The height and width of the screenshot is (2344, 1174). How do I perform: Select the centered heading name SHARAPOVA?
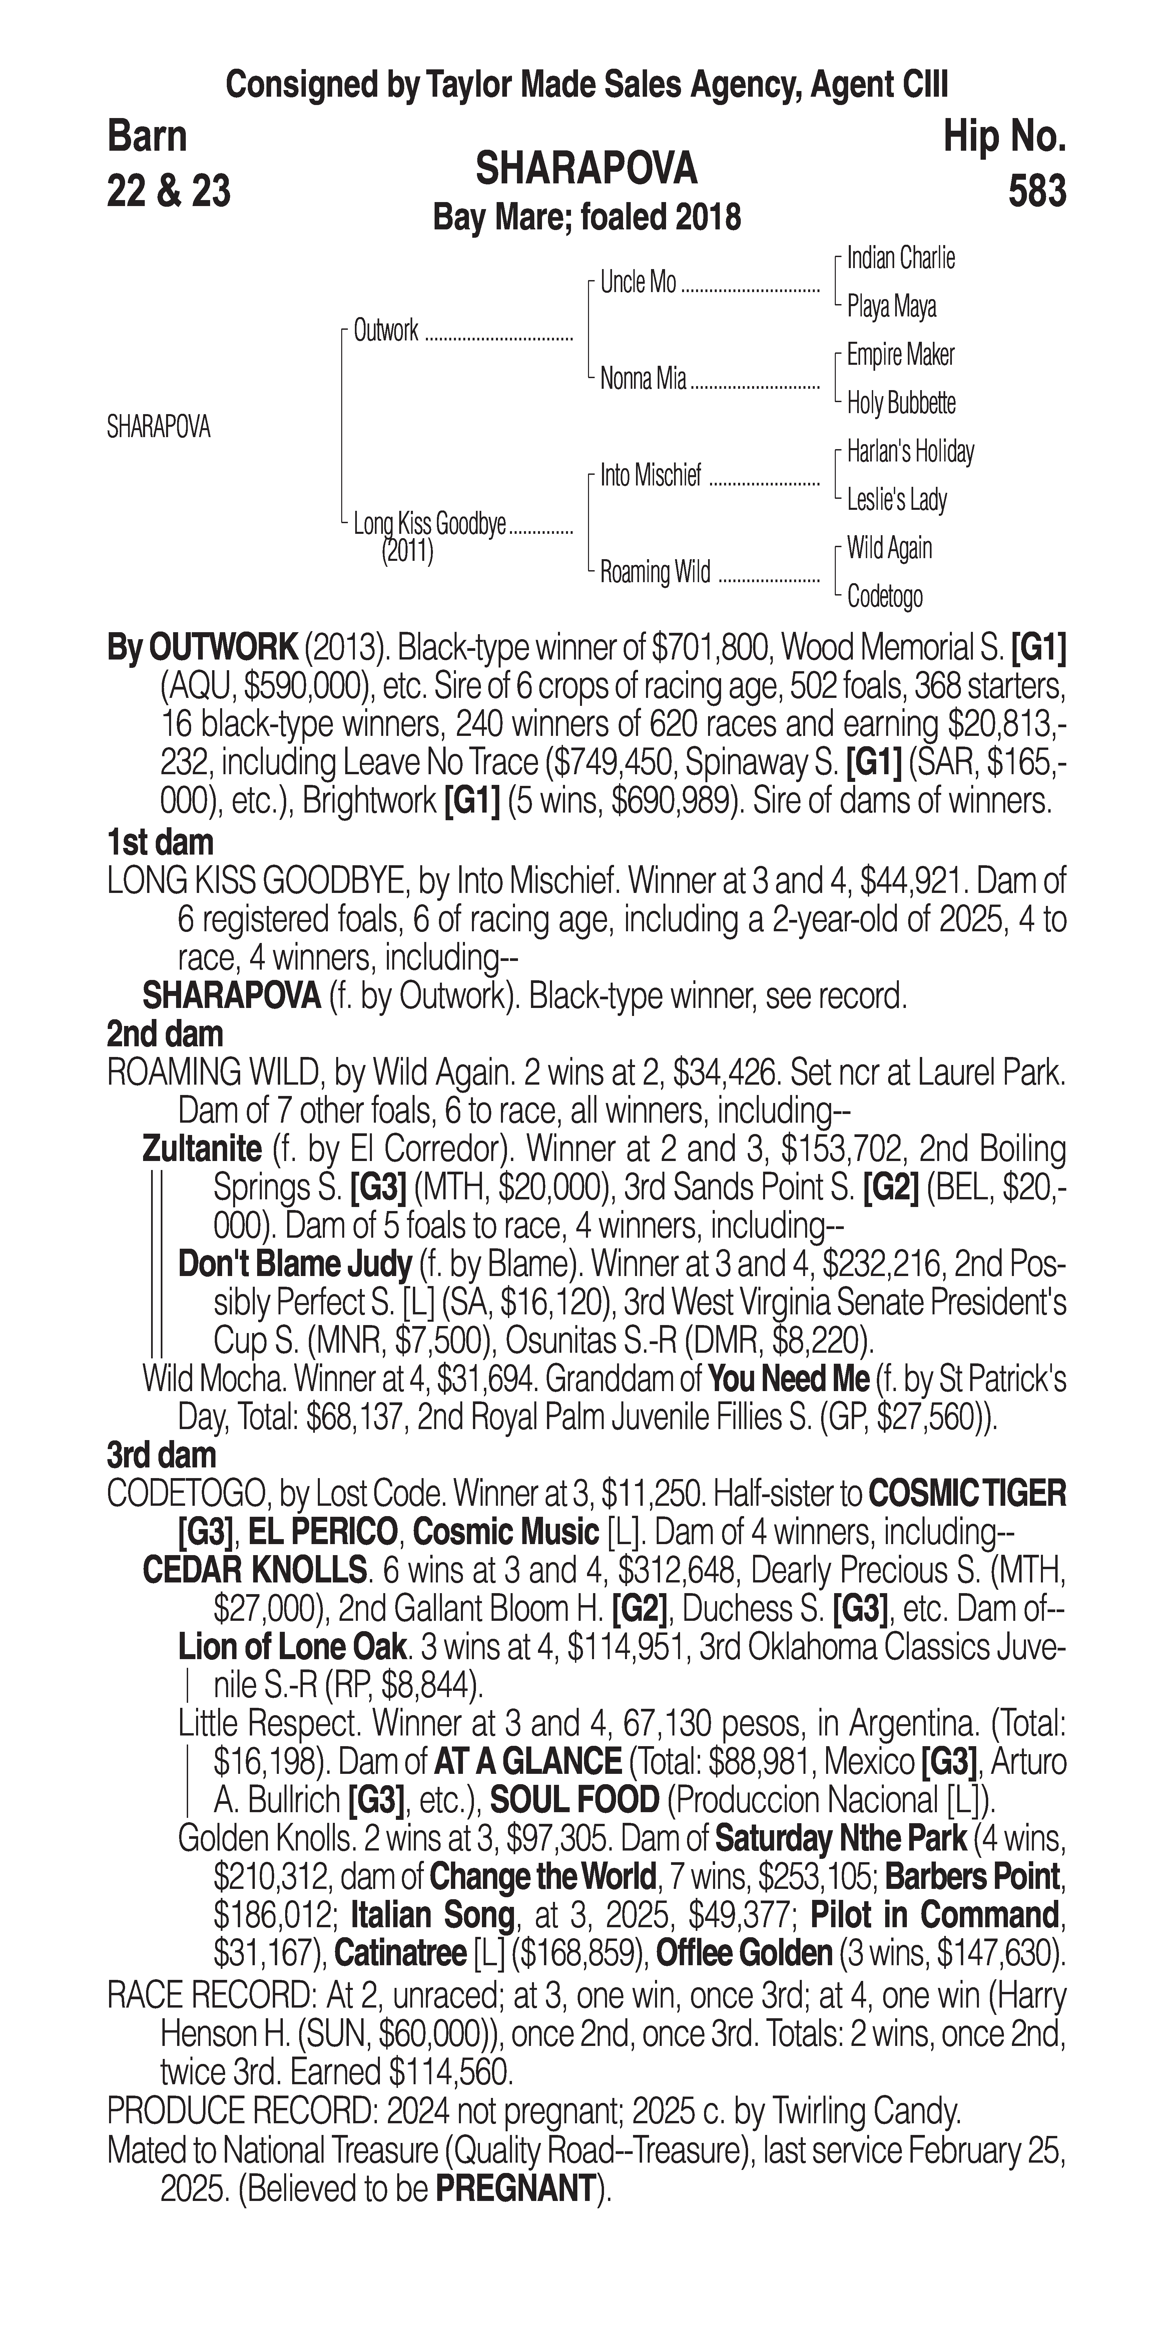[x=586, y=168]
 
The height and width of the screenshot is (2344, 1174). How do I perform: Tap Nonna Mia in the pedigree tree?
[x=642, y=378]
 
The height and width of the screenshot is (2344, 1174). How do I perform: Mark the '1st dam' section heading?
[x=160, y=843]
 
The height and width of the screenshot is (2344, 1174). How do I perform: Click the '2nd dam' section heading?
[x=165, y=1035]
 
